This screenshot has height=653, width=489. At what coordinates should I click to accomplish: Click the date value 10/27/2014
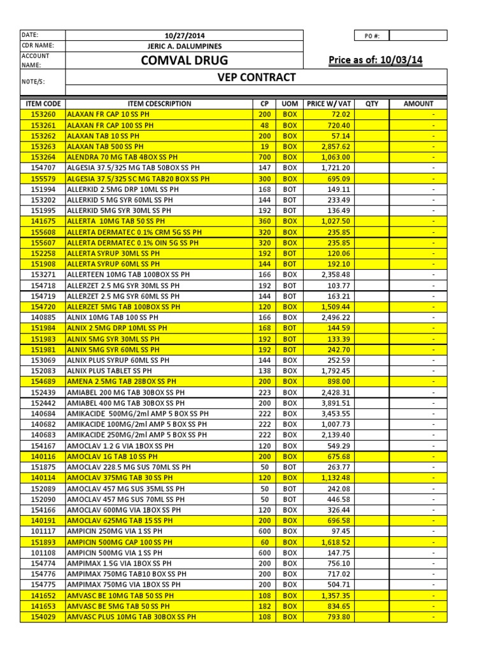click(184, 35)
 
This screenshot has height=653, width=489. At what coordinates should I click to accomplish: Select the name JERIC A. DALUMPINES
click(184, 46)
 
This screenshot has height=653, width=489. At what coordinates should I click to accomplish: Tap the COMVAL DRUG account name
click(184, 61)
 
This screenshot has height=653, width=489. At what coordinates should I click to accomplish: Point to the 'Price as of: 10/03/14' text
click(375, 61)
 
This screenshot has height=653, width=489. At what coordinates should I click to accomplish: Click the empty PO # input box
click(418, 35)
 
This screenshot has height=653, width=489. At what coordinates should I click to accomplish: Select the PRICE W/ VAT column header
click(329, 103)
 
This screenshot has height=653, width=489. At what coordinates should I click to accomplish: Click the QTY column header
click(372, 103)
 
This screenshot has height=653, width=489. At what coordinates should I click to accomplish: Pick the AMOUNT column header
click(418, 103)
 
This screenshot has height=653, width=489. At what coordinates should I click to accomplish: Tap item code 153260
click(43, 114)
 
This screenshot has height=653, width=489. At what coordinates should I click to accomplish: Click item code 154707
click(43, 168)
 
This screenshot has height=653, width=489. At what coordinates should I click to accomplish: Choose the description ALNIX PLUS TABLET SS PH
click(110, 371)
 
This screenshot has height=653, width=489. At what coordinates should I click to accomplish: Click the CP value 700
click(265, 157)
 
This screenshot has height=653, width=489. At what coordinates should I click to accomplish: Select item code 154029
click(43, 617)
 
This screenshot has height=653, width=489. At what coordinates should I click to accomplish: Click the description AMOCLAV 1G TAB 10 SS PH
click(112, 457)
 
